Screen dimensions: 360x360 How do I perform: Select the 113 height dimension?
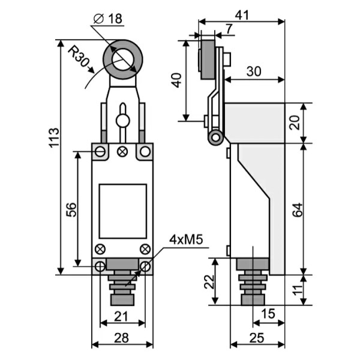[x=54, y=139]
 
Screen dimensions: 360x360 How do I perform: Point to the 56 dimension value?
[x=71, y=209]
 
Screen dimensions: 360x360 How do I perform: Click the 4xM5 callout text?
[x=187, y=240]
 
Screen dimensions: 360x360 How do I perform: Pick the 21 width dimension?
[x=122, y=316]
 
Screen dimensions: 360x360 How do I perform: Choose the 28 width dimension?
[x=122, y=338]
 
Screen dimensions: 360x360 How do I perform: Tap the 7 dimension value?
[x=230, y=29]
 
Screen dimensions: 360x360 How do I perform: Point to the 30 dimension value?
[x=254, y=71]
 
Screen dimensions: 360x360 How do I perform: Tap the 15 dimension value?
[x=268, y=313]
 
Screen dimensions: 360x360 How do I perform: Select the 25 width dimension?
[x=256, y=338]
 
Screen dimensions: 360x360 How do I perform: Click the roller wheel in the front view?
[x=122, y=59]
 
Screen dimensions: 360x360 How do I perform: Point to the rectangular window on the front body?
[x=122, y=211]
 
